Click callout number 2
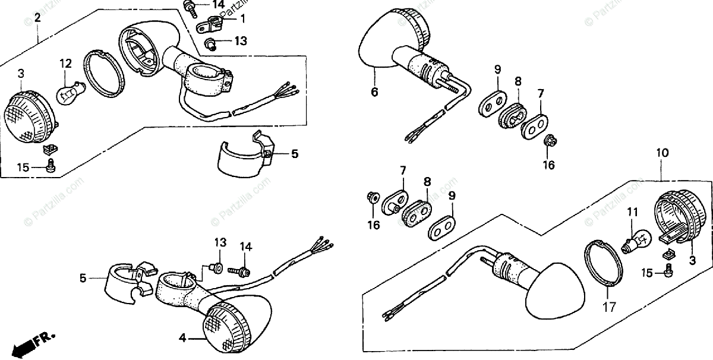click(37, 18)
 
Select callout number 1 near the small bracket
click(242, 18)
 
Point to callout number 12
click(65, 62)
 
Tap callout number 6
click(374, 91)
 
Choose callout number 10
click(662, 153)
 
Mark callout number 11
click(633, 211)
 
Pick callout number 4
click(183, 338)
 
